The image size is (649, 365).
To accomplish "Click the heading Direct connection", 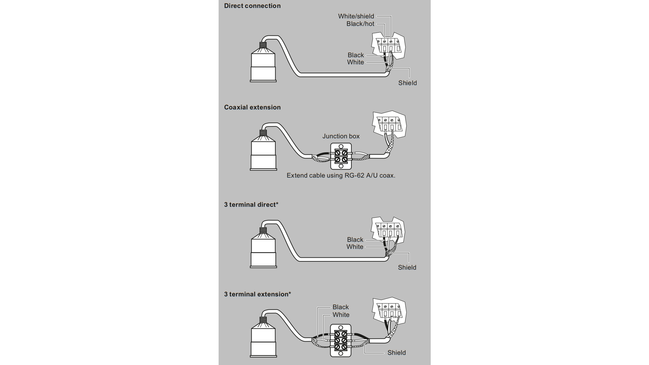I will point(252,6).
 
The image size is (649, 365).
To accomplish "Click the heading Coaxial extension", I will point(252,107).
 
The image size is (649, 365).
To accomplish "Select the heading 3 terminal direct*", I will point(251,205).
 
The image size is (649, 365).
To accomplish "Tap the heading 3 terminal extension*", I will point(257,294).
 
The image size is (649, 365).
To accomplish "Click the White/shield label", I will point(356,16).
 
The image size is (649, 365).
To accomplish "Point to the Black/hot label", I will point(360,24).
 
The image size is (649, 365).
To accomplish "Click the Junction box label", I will point(341,136).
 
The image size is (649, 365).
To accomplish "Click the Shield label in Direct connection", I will point(407,83).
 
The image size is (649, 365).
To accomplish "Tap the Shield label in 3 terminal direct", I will point(407,268).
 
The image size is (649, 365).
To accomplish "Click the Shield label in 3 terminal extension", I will point(396,353).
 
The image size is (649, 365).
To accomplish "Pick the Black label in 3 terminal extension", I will point(340,307).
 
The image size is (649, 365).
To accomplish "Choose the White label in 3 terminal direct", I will point(355,247).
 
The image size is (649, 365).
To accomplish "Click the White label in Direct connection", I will point(355,62).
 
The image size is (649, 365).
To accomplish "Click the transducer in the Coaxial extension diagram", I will point(263,153).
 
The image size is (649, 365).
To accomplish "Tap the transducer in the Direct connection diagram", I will point(263,65).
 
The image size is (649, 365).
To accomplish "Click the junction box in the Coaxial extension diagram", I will point(341,156).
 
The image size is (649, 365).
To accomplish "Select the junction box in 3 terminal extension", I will point(341,340).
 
